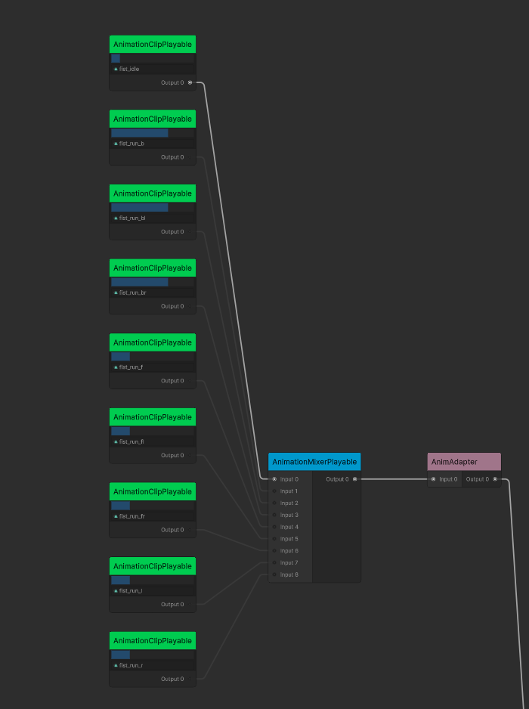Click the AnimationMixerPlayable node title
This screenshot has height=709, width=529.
click(x=314, y=462)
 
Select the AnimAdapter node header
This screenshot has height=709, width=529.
click(x=464, y=462)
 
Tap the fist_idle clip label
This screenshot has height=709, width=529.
click(x=129, y=69)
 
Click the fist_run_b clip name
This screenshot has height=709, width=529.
click(x=131, y=143)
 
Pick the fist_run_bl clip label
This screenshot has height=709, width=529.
click(x=132, y=218)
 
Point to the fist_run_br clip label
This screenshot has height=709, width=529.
click(x=133, y=293)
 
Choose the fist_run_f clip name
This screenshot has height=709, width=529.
click(x=131, y=367)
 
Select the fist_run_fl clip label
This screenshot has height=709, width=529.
click(x=131, y=441)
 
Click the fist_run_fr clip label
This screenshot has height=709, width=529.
click(x=132, y=516)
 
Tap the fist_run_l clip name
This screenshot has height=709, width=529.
click(x=131, y=590)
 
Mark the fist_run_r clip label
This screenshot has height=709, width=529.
click(x=131, y=665)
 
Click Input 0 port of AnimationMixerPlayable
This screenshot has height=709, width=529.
click(x=274, y=479)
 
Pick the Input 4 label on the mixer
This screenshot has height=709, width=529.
click(x=289, y=527)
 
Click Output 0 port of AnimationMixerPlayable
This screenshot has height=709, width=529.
click(x=354, y=479)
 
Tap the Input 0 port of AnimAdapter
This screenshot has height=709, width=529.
click(x=434, y=479)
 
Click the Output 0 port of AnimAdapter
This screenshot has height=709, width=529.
click(x=495, y=479)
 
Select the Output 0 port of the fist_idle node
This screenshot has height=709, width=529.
click(x=190, y=82)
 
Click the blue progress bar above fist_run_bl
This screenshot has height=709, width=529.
click(x=140, y=207)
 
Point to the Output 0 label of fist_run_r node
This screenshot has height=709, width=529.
click(x=172, y=679)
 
